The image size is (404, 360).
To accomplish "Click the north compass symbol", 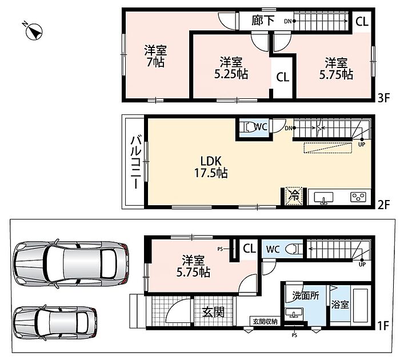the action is click(x=34, y=31).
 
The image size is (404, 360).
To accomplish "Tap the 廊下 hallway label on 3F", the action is click(x=263, y=21).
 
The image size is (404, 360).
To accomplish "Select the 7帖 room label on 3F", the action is click(x=155, y=57).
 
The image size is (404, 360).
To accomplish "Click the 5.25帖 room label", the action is click(x=231, y=68).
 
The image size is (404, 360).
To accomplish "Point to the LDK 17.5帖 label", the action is click(x=211, y=167).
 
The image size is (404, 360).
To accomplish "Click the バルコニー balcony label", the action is click(x=135, y=162).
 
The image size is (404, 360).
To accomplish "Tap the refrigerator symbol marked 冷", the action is click(x=294, y=195).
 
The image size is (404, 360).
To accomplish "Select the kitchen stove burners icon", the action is click(x=358, y=197).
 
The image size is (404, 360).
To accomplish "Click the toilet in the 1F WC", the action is click(x=294, y=249).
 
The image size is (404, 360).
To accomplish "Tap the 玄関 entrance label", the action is click(x=213, y=312).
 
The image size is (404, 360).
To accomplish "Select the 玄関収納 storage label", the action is click(x=265, y=321).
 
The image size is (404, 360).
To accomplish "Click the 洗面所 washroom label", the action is click(x=306, y=295).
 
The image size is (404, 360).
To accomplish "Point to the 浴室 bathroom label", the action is click(x=340, y=305).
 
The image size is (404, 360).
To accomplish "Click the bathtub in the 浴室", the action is click(x=361, y=305).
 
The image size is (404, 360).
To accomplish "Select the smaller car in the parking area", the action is click(x=55, y=323).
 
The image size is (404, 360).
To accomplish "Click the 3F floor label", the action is click(x=383, y=98).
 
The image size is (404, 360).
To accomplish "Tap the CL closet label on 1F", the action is click(x=249, y=249).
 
